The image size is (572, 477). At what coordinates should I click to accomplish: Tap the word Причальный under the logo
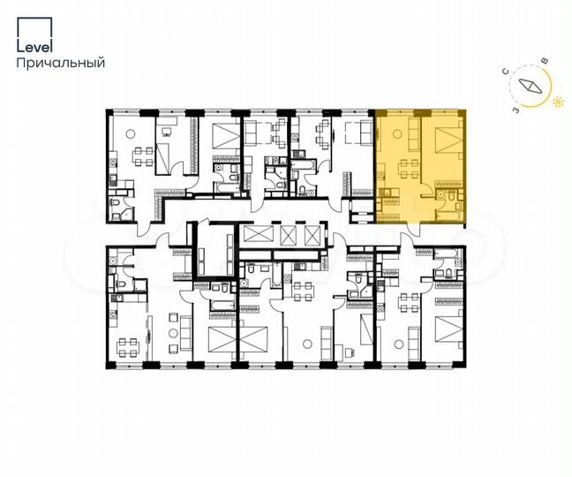(61, 63)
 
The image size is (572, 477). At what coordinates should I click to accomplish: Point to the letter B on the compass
(544, 59)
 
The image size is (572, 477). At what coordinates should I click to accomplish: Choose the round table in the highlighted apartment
(397, 133)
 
